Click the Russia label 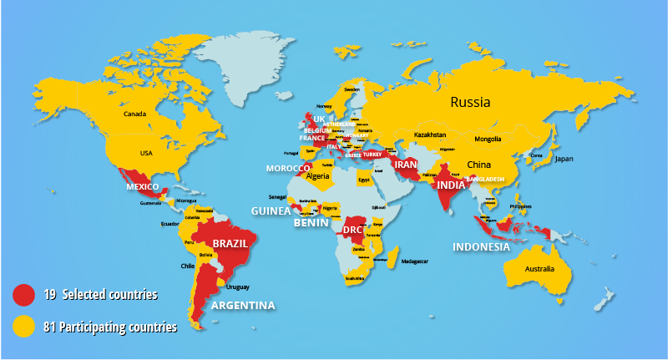point(470,103)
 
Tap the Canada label point(134,114)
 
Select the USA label point(146,153)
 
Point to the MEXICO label point(143,186)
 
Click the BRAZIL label point(229,244)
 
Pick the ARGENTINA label point(243,305)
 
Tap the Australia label point(539,268)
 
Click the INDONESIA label point(481,247)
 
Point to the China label point(479,165)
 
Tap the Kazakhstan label point(430,134)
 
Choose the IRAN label point(406,165)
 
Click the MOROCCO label point(288,168)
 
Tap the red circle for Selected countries point(24,295)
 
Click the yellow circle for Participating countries point(24,327)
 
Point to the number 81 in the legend point(48,327)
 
